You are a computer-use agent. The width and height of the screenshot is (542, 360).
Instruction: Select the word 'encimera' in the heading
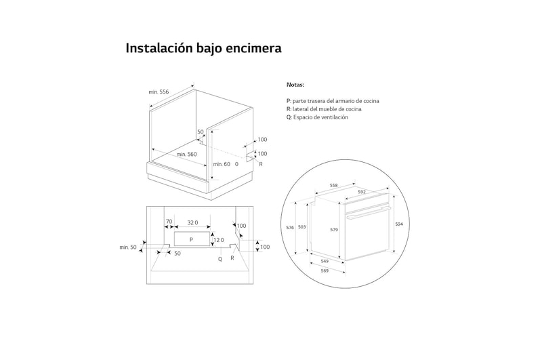(253, 49)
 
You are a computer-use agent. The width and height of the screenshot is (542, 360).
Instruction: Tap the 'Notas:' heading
(295, 85)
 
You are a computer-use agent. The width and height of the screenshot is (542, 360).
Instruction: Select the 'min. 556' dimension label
(159, 92)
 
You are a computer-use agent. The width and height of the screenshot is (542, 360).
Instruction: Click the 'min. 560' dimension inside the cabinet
(186, 155)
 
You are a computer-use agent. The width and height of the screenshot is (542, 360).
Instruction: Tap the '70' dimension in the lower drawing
(169, 222)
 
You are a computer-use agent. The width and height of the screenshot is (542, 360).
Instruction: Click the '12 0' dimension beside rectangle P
(217, 240)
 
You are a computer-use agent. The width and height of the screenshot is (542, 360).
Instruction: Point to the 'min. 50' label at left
(128, 247)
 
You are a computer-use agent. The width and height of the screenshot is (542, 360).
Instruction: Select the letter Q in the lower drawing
(220, 258)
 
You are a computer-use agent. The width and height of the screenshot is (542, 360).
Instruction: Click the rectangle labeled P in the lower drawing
(192, 239)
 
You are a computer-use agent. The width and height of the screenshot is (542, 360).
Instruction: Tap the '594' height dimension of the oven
(399, 224)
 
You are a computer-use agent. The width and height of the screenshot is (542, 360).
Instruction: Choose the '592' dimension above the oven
(362, 192)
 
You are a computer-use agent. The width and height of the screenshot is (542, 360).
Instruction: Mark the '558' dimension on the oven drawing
(334, 184)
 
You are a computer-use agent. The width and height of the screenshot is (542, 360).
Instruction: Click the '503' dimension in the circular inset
(302, 227)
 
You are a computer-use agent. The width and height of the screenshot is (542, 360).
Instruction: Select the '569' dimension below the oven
(325, 271)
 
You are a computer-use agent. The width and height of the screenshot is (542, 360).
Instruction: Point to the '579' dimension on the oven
(334, 230)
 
